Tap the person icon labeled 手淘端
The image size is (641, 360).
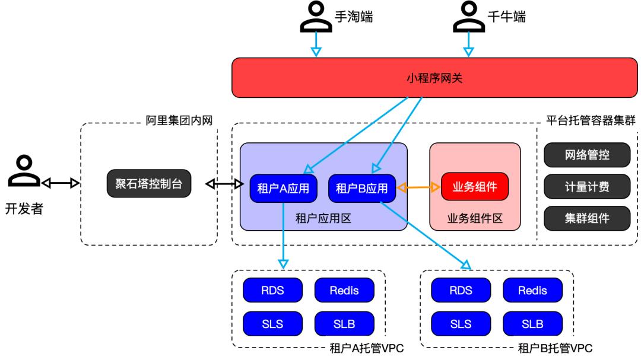316,17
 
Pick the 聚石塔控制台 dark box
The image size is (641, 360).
149,184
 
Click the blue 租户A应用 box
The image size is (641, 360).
283,188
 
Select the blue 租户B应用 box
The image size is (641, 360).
361,188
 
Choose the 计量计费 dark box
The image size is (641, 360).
586,187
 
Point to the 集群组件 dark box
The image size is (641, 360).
586,218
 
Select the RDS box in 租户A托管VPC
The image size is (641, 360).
272,290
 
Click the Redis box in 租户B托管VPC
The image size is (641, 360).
532,290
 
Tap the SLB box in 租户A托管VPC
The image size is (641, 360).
344,324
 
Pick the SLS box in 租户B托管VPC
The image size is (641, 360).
461,324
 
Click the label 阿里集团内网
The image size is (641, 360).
179,121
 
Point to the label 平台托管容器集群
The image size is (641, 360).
591,121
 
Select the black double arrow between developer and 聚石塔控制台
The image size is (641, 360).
60,184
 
